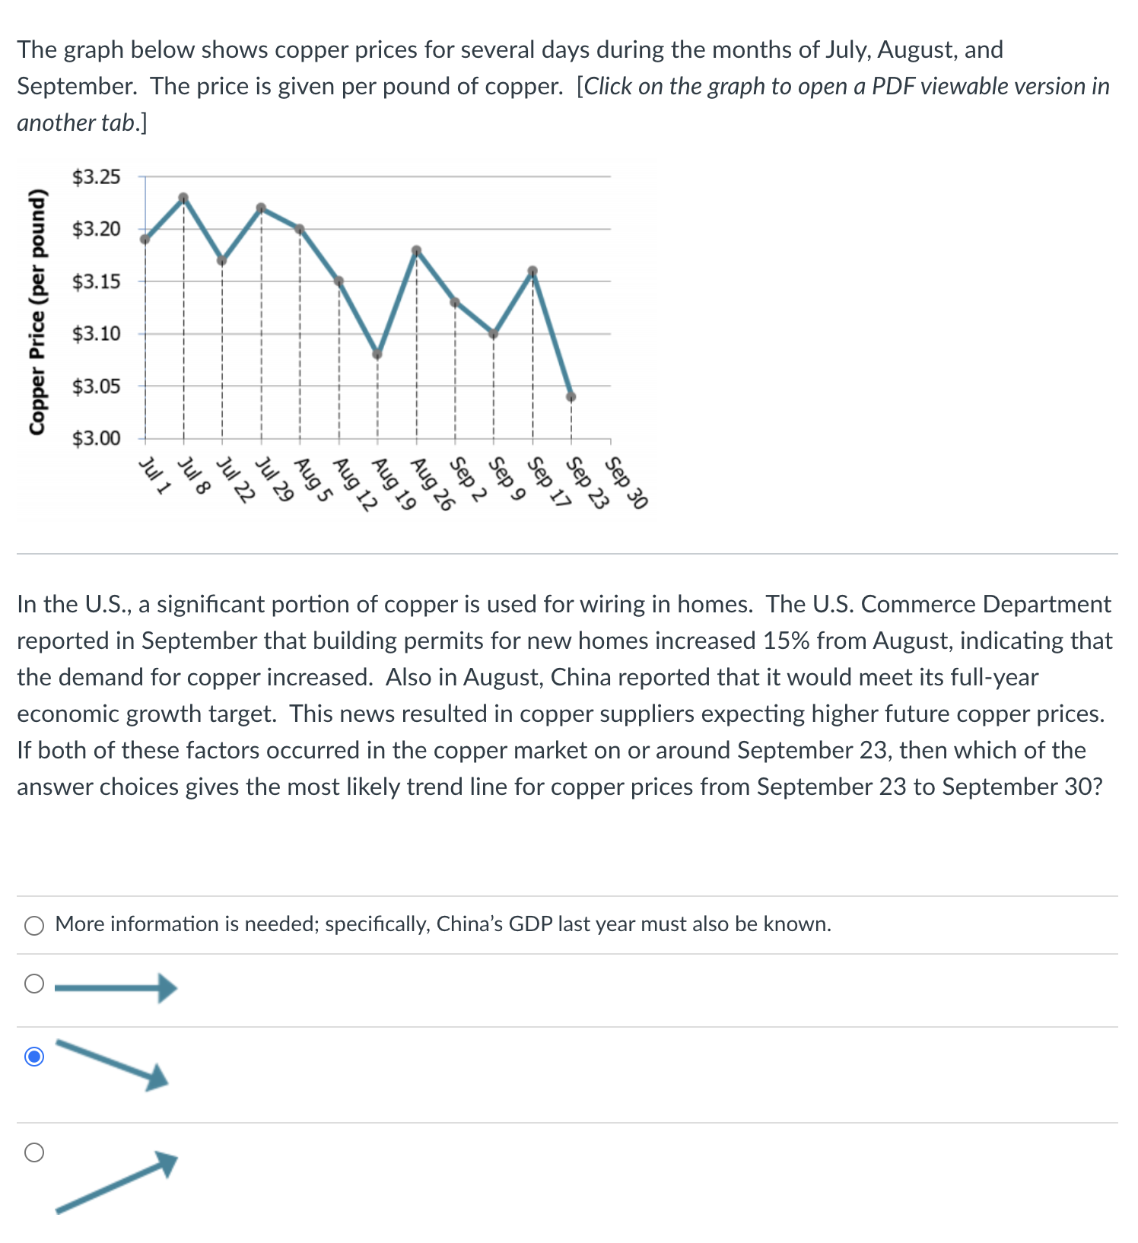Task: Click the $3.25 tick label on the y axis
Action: (x=96, y=177)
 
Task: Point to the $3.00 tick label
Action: (x=96, y=439)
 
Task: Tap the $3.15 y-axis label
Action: (x=96, y=282)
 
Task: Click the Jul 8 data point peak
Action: (x=183, y=198)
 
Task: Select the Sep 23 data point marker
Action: (x=571, y=396)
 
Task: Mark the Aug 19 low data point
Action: (x=377, y=354)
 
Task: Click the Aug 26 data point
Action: (x=416, y=250)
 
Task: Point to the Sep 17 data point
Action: (x=532, y=271)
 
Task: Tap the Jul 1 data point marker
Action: (x=145, y=239)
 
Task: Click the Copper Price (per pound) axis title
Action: (x=36, y=311)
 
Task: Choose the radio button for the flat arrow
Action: (x=34, y=984)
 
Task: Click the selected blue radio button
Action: (x=34, y=1057)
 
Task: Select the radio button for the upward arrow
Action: (x=34, y=1152)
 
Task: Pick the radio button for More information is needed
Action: (x=34, y=925)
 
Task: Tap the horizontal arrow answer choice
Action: (x=116, y=988)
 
